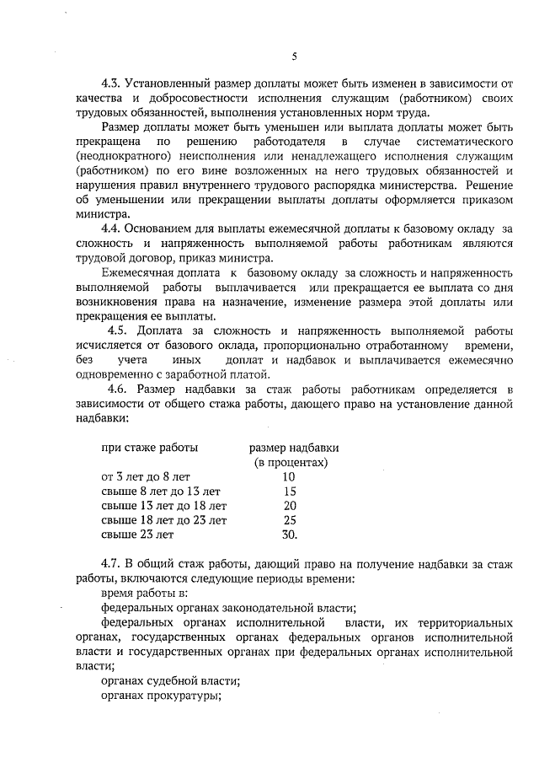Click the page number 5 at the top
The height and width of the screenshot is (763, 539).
294,56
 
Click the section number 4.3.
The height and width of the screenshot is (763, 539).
111,84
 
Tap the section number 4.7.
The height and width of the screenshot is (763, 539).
111,563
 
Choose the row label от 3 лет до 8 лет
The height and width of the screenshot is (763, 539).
146,476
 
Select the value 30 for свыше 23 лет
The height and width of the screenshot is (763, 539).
290,534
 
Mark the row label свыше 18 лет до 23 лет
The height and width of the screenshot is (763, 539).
163,519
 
